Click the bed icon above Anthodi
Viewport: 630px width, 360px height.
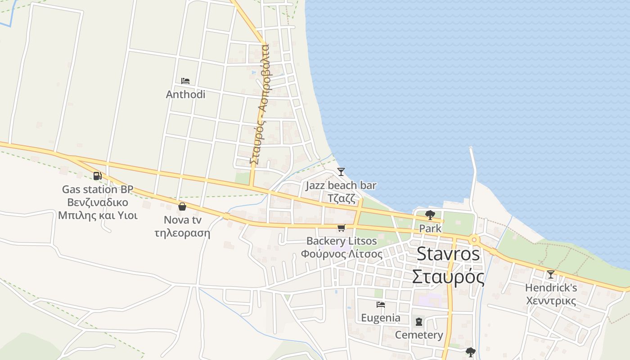click(x=185, y=81)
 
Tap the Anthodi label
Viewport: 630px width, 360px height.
click(x=185, y=94)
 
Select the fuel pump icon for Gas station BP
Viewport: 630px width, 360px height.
click(x=97, y=176)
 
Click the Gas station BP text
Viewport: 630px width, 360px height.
click(x=98, y=189)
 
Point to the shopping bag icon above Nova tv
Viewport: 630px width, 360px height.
click(x=182, y=207)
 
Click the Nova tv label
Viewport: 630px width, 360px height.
click(x=182, y=220)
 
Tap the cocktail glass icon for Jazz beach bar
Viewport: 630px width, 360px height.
click(x=341, y=172)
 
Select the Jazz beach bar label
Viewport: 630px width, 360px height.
click(x=341, y=185)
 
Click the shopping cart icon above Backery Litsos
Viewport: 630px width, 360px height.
click(x=341, y=228)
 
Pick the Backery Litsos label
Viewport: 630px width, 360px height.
click(x=342, y=241)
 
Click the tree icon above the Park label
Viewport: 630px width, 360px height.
click(x=430, y=215)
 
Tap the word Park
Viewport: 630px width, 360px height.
click(x=430, y=229)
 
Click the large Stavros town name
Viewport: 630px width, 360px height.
click(x=448, y=254)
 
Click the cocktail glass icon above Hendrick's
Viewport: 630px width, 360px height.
click(x=551, y=274)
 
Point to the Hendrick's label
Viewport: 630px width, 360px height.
click(x=551, y=288)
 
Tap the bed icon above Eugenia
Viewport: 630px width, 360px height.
click(x=381, y=305)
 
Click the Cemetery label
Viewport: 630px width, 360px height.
click(x=419, y=335)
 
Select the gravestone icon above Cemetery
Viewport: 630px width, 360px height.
click(x=419, y=322)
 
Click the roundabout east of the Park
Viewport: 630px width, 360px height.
click(x=474, y=240)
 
